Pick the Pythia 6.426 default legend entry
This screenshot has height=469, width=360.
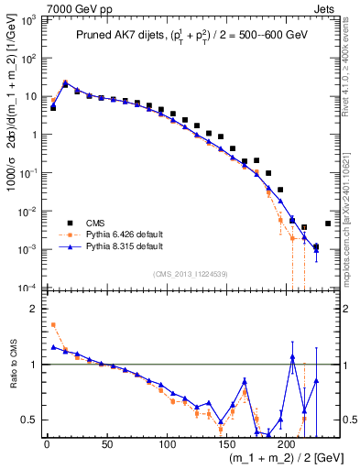pyautogui.click(x=118, y=235)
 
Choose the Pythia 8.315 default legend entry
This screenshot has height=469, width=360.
pyautogui.click(x=118, y=247)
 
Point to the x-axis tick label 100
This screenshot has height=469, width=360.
pyautogui.click(x=167, y=446)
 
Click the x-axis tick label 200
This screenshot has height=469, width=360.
pyautogui.click(x=287, y=446)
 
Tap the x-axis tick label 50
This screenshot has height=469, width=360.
pyautogui.click(x=106, y=446)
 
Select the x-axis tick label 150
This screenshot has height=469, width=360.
pyautogui.click(x=226, y=446)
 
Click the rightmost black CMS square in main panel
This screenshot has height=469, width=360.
pyautogui.click(x=328, y=223)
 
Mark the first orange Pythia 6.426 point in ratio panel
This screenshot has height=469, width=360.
pyautogui.click(x=53, y=324)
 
